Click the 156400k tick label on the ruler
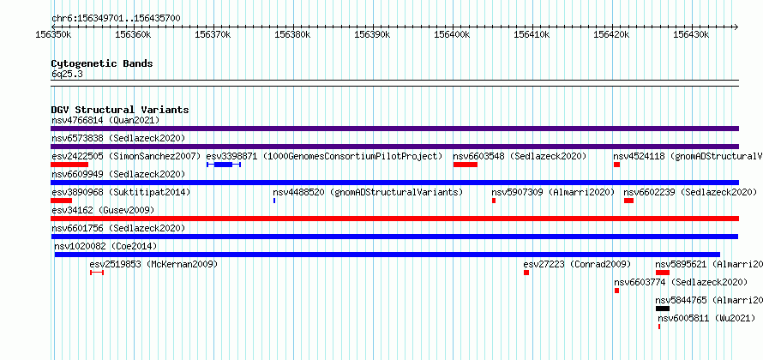[x=452, y=35]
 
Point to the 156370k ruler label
[x=213, y=35]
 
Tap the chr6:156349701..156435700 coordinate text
[x=116, y=19]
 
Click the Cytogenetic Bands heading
[x=102, y=63]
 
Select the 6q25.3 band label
[x=67, y=75]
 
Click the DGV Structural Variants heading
[x=120, y=110]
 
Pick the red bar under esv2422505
[x=69, y=165]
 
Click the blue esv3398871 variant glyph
[x=224, y=165]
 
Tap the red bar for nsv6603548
[x=466, y=165]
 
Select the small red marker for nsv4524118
[x=616, y=165]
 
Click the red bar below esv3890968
[x=62, y=201]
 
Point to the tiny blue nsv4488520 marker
[x=274, y=201]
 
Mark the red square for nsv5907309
[x=494, y=201]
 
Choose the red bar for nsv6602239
[x=628, y=201]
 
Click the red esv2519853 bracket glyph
[x=97, y=273]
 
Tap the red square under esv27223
[x=526, y=273]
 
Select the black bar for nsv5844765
[x=663, y=309]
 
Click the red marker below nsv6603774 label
[x=616, y=291]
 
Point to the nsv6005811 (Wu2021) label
[x=706, y=318]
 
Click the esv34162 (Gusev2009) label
[x=103, y=210]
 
